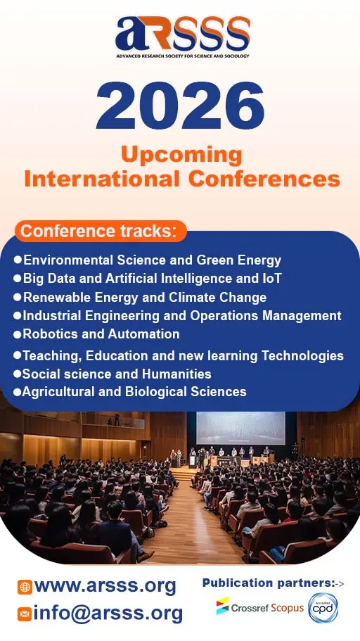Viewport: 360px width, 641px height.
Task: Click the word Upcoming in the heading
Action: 181,154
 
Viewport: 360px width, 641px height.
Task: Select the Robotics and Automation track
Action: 101,334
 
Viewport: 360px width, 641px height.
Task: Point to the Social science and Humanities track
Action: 117,374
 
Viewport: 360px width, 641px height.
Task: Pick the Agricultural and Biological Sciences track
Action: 134,392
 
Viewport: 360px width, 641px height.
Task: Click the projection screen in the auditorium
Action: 240,428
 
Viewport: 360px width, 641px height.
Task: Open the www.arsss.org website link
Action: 105,585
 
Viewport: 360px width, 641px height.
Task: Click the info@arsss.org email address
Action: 108,613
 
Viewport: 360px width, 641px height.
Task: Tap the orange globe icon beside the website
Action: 25,587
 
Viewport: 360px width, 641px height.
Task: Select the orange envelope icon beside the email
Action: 25,614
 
